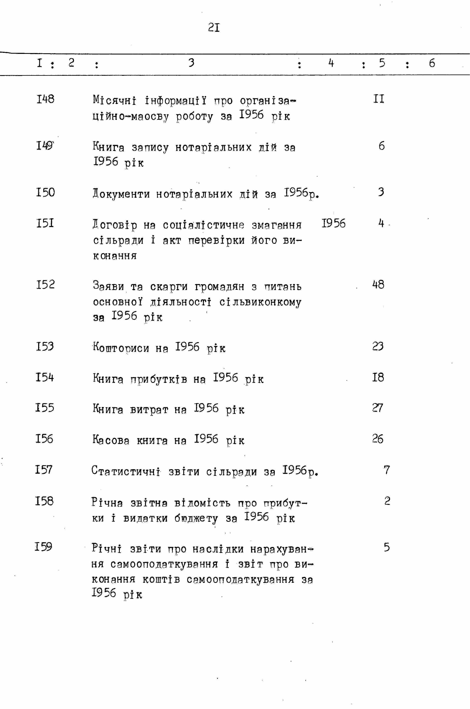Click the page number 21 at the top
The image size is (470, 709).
coord(214,28)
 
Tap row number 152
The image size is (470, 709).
coord(45,284)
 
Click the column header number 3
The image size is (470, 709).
coord(191,63)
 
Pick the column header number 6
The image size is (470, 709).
coord(432,63)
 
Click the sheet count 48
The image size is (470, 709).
coord(378,284)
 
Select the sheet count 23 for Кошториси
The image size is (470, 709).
coord(378,347)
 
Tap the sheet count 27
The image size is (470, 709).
coord(377,408)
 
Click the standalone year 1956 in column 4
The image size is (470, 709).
coord(333,223)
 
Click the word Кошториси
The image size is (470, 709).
coord(121,348)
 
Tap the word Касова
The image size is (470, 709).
coord(111,440)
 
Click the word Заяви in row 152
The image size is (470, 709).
coord(108,286)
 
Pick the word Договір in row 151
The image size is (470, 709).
coord(115,225)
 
